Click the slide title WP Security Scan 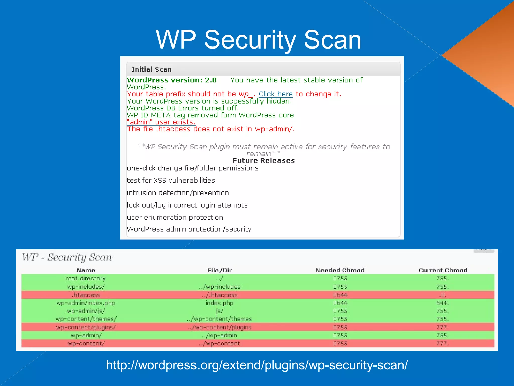259,40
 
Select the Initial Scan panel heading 152,69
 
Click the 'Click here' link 275,94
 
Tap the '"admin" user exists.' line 161,122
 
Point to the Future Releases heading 263,161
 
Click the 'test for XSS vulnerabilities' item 171,180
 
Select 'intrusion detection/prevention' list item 178,193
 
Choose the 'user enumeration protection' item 175,217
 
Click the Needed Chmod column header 340,270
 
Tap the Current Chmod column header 443,270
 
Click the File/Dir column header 219,270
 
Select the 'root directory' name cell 86,278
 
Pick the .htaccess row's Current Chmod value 442,295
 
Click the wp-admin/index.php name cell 86,303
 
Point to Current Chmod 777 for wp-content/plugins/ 442,327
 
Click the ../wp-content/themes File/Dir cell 219,319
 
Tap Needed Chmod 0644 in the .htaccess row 340,295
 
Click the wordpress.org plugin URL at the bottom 257,365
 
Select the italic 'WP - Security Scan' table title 67,257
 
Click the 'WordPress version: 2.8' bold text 172,80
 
